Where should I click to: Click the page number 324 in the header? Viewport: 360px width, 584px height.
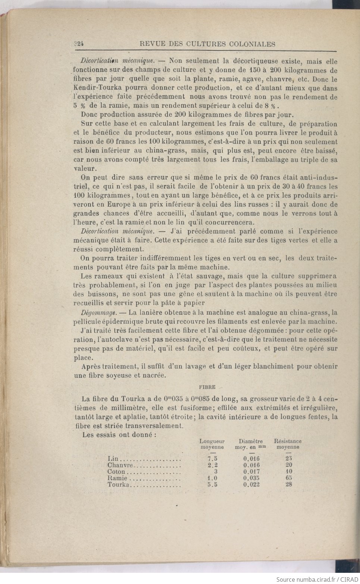point(78,44)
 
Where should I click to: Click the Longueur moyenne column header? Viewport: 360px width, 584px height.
point(212,444)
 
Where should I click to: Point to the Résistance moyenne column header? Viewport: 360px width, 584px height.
point(288,444)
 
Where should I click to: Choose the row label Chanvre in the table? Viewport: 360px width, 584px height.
point(120,465)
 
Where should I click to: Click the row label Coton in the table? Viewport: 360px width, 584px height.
point(116,471)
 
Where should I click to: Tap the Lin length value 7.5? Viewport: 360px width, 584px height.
point(213,458)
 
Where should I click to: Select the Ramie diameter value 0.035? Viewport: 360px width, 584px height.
point(251,478)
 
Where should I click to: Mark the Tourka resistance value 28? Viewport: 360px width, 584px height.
point(288,484)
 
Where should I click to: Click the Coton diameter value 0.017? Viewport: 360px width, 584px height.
point(251,471)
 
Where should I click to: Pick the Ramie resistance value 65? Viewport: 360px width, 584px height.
point(288,478)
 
